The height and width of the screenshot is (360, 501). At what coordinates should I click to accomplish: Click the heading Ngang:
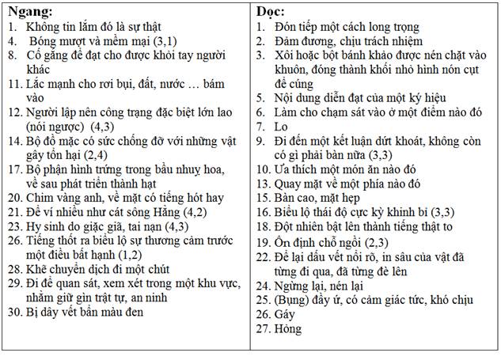point(31,13)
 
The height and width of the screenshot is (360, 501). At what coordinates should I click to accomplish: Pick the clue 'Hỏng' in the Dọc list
point(288,329)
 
